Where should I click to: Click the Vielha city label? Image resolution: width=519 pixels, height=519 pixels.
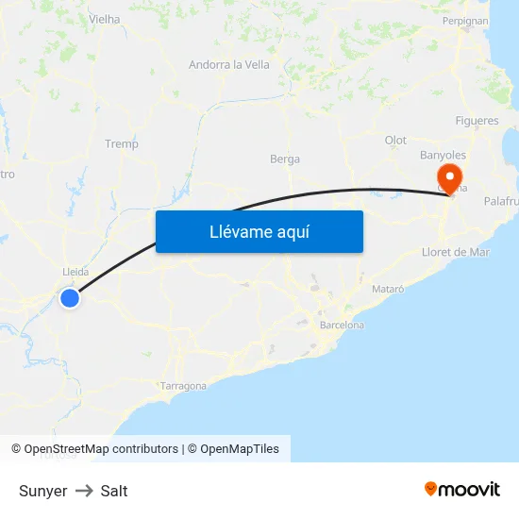[104, 19]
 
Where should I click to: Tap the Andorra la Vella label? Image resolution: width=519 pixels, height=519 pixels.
[229, 65]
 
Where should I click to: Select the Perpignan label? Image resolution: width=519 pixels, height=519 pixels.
[465, 21]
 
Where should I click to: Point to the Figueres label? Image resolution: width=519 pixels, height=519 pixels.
[477, 122]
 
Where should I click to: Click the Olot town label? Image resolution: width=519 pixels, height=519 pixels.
[395, 141]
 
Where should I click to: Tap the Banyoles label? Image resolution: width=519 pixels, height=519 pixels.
[443, 155]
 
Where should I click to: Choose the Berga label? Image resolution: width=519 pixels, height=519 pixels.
[285, 159]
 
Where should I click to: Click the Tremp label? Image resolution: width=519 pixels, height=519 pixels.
[122, 144]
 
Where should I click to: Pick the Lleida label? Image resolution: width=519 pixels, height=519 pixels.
[75, 272]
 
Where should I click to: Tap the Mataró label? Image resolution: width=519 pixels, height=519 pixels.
[389, 288]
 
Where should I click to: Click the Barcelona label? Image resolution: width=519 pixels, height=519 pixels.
[342, 325]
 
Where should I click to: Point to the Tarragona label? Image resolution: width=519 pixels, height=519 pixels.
[183, 386]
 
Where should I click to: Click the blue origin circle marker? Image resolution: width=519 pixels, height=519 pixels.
[70, 298]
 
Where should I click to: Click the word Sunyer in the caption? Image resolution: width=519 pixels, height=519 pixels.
[42, 491]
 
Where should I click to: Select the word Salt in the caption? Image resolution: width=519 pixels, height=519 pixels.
[114, 491]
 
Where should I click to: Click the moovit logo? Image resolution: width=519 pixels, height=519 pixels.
[462, 489]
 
